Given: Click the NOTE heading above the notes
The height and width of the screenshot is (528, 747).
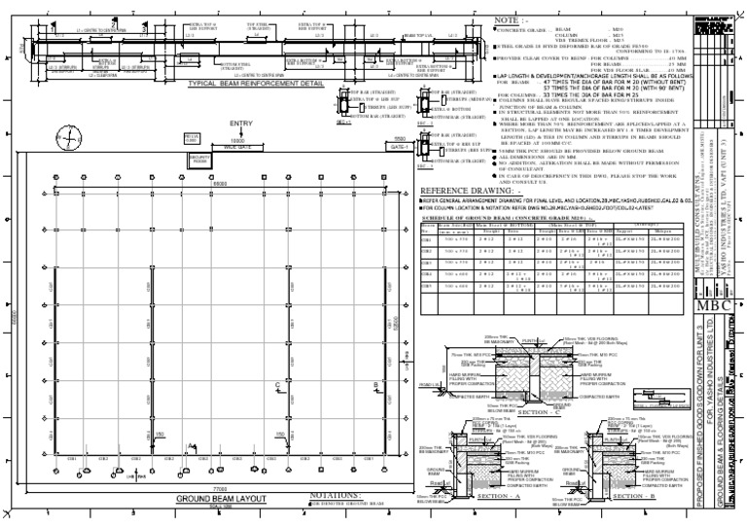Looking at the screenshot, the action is (512, 19).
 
